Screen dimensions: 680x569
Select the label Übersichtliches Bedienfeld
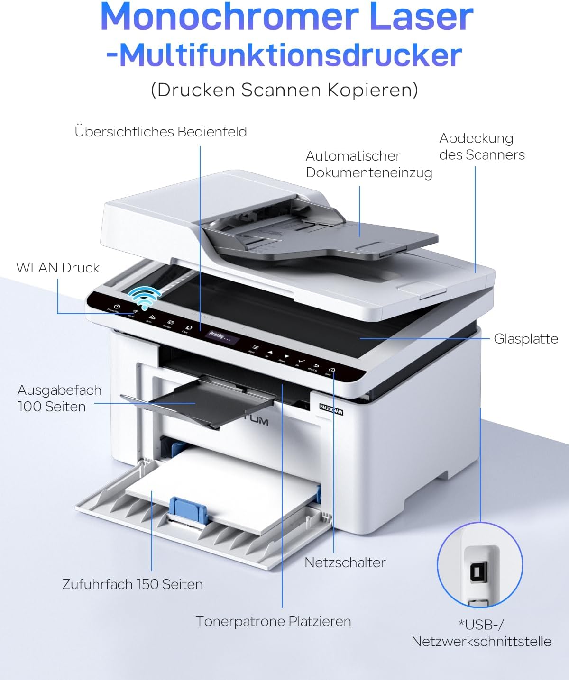161,132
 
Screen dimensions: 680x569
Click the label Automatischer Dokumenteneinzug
369,164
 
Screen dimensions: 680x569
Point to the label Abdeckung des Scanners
481,146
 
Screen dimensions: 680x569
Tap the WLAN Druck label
58,268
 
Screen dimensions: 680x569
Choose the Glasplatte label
526,339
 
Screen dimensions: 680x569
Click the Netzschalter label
345,562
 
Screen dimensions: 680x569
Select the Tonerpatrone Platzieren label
273,621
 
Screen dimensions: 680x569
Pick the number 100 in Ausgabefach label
28,407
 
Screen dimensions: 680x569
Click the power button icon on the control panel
116,307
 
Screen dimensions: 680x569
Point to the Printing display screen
220,337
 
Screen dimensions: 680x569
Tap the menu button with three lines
255,347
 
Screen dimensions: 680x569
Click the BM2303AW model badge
330,409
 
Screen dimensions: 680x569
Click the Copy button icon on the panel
189,328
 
